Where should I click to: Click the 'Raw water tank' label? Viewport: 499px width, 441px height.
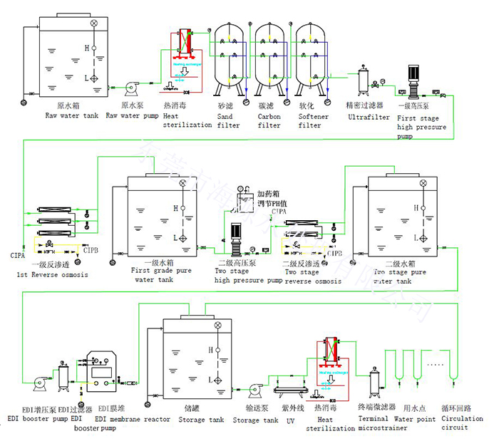click(72, 115)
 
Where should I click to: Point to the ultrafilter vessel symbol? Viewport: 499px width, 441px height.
click(363, 79)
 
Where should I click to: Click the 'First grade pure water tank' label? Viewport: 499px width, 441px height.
click(163, 275)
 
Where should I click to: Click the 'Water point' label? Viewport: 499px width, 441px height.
click(416, 419)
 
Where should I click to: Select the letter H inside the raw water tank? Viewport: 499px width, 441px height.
click(86, 48)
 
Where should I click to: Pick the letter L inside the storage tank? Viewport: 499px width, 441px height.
click(211, 379)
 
